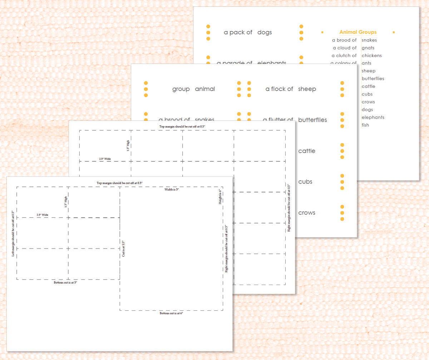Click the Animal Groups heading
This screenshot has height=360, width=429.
point(358,32)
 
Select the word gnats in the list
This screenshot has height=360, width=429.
point(368,48)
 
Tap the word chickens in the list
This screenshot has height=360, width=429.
point(371,56)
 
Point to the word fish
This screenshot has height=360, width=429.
point(365,125)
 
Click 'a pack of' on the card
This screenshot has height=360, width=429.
point(238,32)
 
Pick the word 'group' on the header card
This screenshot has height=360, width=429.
point(181,89)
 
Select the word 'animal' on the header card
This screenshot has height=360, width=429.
point(205,89)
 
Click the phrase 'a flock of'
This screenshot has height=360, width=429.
point(279,89)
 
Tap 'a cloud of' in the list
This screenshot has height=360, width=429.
point(344,48)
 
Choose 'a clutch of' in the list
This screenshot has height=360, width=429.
point(344,56)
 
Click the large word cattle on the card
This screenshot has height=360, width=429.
point(307,151)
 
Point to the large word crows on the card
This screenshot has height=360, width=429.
point(307,213)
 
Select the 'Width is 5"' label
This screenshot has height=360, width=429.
point(172,190)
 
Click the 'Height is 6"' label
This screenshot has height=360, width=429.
point(220,197)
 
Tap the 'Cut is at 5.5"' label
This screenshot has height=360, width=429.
point(124,249)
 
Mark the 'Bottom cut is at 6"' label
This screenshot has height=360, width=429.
point(171,313)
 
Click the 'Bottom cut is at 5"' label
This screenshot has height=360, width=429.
point(65,282)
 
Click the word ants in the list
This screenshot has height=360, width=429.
point(366,63)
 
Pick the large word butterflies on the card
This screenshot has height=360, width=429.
point(312,120)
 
